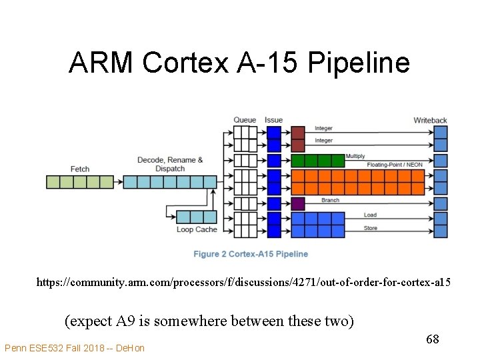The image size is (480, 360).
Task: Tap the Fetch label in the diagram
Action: tap(79, 169)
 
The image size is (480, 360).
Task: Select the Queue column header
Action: tap(245, 120)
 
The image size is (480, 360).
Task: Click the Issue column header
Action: tap(273, 120)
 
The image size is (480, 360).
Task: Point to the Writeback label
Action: tap(430, 121)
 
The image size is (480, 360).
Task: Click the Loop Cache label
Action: tap(197, 229)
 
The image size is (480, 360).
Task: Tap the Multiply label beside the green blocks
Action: tap(355, 156)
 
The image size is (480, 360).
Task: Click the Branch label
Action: tap(330, 200)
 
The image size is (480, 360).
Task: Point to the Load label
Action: tap(370, 215)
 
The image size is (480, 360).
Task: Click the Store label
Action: tap(370, 228)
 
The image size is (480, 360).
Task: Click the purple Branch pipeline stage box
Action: tap(298, 203)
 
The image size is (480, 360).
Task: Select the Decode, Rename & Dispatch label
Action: tap(170, 164)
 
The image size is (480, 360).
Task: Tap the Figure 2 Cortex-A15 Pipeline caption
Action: tap(251, 254)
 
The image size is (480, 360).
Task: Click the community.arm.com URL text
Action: tap(243, 283)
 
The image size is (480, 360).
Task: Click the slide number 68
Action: tap(432, 340)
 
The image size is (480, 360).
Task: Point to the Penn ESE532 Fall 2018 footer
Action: tap(74, 348)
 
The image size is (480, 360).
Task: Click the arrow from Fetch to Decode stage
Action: tap(119, 182)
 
